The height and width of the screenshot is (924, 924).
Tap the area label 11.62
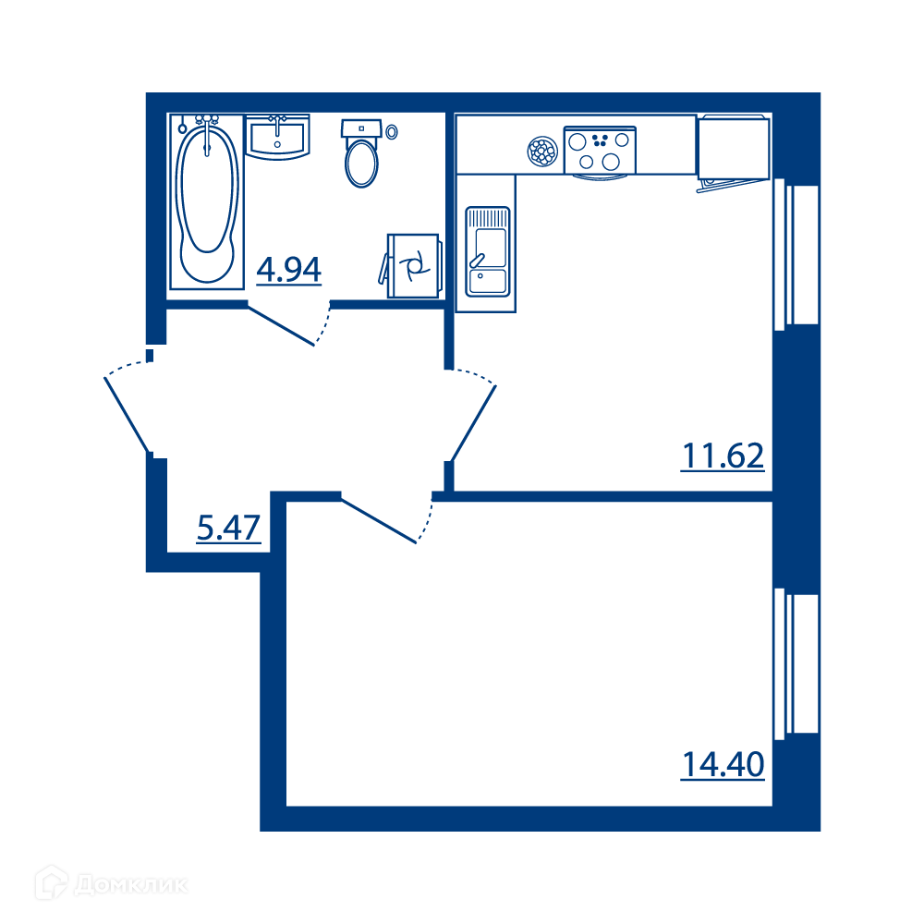pos(723,456)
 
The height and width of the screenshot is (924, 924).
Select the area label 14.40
pos(723,764)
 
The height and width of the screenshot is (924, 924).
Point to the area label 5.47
pos(228,528)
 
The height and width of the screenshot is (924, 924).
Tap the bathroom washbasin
pos(277,138)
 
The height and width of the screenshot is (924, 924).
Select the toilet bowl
pos(361,153)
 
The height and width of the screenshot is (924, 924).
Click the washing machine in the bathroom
pos(411,266)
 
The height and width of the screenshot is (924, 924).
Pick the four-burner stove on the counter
pos(600,151)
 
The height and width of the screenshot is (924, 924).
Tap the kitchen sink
pos(487,251)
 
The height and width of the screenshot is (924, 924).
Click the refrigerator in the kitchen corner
pos(733,150)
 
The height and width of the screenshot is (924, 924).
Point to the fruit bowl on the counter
pos(542,152)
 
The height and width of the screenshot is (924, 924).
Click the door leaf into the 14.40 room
pos(379,521)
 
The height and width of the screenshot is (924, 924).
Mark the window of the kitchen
pos(796,254)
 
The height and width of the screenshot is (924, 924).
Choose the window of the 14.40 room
pos(796,663)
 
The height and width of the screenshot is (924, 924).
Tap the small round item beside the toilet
pos(391,132)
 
